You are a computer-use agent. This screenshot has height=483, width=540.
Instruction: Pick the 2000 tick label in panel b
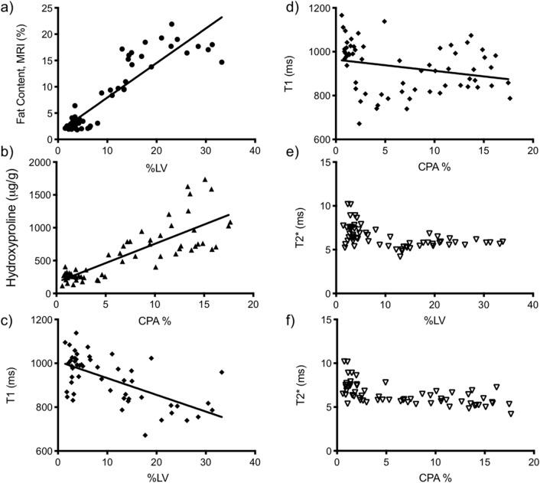40,161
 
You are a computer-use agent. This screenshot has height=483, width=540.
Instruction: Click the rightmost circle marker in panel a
222,62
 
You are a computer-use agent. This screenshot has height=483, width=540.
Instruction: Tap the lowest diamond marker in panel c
145,435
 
